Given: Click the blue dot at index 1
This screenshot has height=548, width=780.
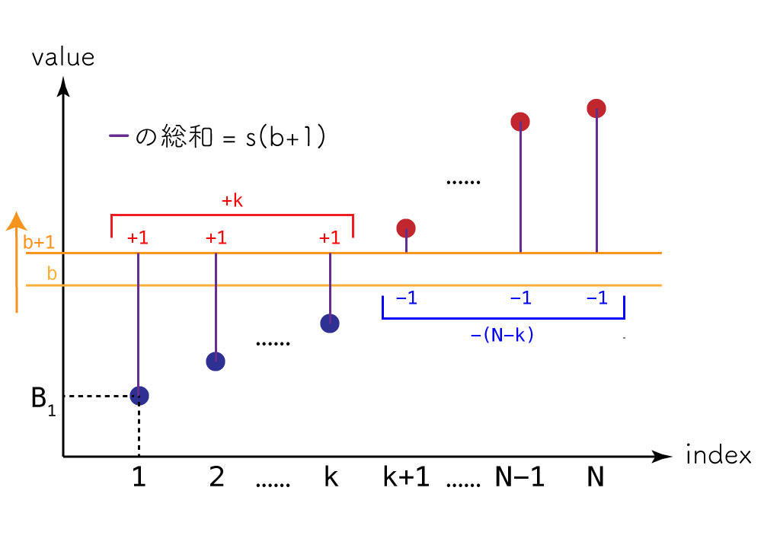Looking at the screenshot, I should click(x=139, y=396).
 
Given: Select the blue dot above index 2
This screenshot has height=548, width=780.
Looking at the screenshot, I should click(x=216, y=362).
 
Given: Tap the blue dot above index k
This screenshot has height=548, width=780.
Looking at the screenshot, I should click(x=330, y=323).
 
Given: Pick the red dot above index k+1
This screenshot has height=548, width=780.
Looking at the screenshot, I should click(x=406, y=228).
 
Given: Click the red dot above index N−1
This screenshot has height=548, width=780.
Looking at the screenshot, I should click(x=520, y=121).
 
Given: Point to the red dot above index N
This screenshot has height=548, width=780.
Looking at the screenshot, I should click(x=596, y=108).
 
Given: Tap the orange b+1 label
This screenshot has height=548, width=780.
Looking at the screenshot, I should click(x=38, y=244).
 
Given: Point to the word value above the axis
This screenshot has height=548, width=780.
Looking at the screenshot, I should click(x=63, y=58).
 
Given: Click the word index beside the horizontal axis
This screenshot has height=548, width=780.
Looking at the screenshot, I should click(x=718, y=456).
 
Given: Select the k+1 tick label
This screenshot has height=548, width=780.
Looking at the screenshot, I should click(x=406, y=479).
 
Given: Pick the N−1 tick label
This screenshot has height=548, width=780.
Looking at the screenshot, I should click(x=519, y=479).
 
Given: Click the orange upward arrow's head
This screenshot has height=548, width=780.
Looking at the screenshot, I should click(x=16, y=221).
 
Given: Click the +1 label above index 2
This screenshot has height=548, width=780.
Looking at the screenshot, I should click(x=216, y=237).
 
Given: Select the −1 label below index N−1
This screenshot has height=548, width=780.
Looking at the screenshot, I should click(x=520, y=298).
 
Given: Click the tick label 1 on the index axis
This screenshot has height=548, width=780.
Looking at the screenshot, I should click(x=139, y=479).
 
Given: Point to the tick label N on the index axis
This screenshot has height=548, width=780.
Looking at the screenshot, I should click(x=596, y=479).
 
